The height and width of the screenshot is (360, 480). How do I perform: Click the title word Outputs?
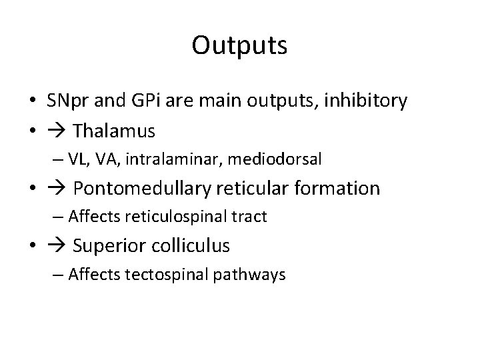(239, 46)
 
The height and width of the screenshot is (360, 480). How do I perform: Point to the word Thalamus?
(114, 131)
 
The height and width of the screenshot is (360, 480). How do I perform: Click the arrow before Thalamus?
(58, 131)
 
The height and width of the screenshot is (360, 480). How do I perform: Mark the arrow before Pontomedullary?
(58, 189)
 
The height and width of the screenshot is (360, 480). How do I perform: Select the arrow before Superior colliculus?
(58, 246)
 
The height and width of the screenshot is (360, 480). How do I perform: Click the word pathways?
(253, 275)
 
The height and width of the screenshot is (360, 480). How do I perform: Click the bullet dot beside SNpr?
(32, 102)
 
